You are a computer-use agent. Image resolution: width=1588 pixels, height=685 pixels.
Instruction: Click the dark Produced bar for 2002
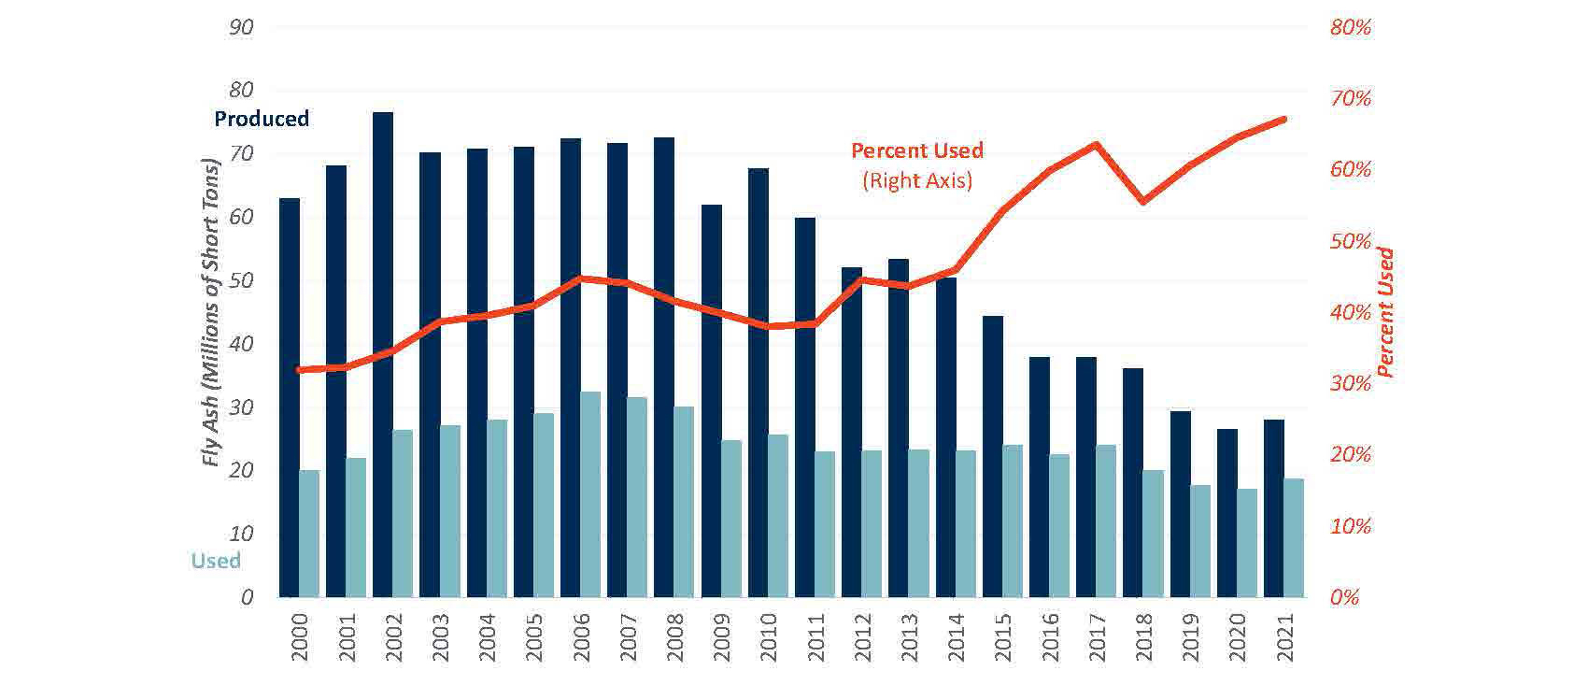click(382, 355)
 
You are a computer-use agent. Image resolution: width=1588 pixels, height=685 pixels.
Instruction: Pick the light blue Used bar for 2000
click(309, 533)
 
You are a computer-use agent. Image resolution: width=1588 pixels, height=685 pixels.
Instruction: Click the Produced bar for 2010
click(758, 383)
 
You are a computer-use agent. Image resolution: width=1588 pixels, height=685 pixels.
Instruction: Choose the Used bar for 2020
click(1247, 542)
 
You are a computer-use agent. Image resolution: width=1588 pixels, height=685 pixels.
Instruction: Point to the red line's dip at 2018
click(1142, 201)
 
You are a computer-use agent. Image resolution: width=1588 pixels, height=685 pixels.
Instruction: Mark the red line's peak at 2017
click(1096, 145)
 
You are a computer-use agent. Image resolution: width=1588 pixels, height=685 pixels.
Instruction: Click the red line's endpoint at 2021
click(1283, 120)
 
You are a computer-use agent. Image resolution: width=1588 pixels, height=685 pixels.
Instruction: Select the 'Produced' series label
click(262, 119)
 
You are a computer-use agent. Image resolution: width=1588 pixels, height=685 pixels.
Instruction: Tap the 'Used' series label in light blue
click(216, 561)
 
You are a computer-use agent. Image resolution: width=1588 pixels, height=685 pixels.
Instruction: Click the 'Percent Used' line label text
click(916, 150)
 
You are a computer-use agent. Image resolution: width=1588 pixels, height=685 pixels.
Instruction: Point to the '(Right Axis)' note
click(916, 179)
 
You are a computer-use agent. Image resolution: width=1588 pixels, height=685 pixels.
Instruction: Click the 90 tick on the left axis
click(241, 27)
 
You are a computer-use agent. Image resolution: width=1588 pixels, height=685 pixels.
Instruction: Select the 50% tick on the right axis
click(1350, 241)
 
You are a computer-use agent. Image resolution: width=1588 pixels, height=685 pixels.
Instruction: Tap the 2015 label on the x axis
click(1002, 637)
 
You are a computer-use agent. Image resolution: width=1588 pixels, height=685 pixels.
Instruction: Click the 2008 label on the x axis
click(674, 637)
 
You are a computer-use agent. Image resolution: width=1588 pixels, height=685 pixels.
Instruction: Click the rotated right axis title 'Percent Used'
click(1385, 313)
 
